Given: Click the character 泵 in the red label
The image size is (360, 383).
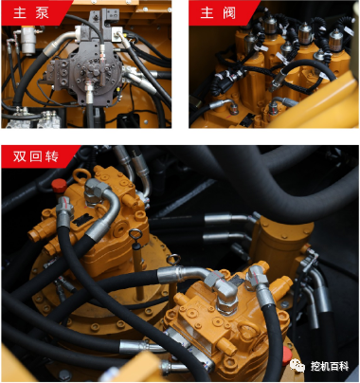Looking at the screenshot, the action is click(x=42, y=12).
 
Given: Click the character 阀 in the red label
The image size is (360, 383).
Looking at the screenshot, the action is click(x=229, y=12).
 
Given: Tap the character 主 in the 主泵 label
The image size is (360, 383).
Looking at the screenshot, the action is click(x=20, y=12).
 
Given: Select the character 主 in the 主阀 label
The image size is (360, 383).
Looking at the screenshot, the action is click(x=207, y=12).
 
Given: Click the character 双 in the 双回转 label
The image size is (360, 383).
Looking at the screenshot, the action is click(x=19, y=156).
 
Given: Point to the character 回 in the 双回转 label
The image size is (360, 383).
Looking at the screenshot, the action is click(x=35, y=156).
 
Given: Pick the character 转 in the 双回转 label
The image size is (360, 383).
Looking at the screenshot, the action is click(x=52, y=156).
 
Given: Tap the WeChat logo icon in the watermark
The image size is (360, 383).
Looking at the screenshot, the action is click(x=297, y=365).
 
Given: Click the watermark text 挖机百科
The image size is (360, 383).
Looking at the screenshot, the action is click(x=330, y=366).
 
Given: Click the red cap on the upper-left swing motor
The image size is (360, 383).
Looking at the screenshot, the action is click(x=59, y=186).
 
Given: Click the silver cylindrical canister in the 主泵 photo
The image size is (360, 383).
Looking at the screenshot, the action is click(x=27, y=42).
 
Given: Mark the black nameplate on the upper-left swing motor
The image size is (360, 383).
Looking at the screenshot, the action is click(x=82, y=220).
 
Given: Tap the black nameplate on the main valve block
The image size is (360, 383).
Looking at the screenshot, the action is click(x=246, y=119).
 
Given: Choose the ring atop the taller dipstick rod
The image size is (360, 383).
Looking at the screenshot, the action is click(x=135, y=234).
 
